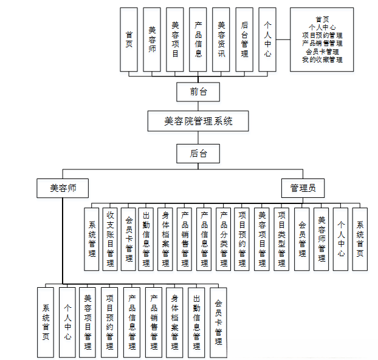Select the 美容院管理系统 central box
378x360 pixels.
(198, 121)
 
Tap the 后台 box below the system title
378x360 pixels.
(198, 154)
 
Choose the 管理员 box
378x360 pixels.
(303, 188)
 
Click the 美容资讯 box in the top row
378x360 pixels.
(221, 39)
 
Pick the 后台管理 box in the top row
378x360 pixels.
(244, 39)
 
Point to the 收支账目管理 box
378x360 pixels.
(110, 239)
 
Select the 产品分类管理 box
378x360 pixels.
(224, 239)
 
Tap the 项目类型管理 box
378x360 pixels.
(281, 239)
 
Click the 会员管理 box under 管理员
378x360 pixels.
(302, 239)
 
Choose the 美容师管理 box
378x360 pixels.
(321, 239)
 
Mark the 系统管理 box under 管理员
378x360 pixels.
(92, 239)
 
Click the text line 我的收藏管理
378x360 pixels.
(322, 59)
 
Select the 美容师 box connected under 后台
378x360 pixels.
(63, 188)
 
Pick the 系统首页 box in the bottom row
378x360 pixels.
(46, 321)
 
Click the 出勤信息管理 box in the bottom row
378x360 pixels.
(196, 321)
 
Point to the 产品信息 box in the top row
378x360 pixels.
(198, 39)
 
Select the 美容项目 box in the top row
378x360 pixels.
(175, 39)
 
